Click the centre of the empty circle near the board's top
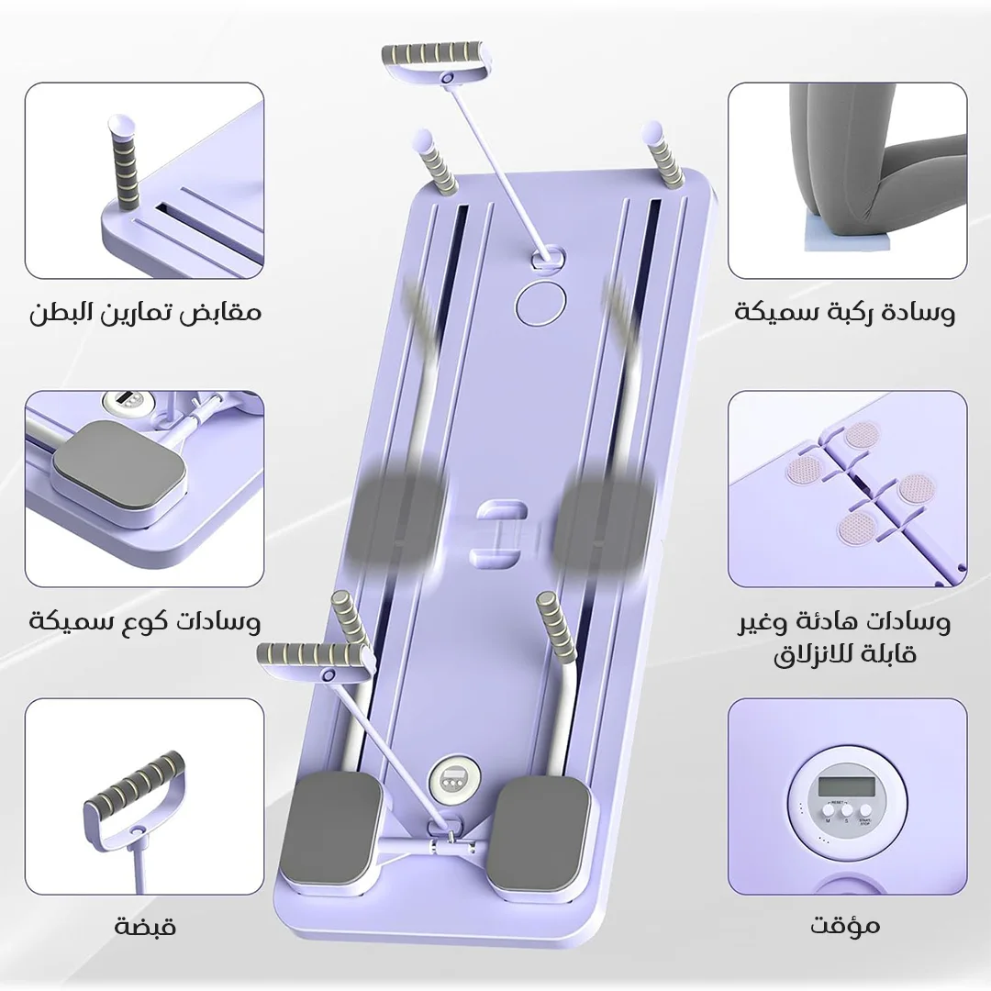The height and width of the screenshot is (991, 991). coord(540,303)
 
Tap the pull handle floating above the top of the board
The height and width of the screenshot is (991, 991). coord(438,62)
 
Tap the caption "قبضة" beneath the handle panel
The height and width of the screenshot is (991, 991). coord(145,927)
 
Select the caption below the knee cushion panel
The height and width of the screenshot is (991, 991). coord(845,312)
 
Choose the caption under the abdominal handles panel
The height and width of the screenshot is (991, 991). coord(145,312)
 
